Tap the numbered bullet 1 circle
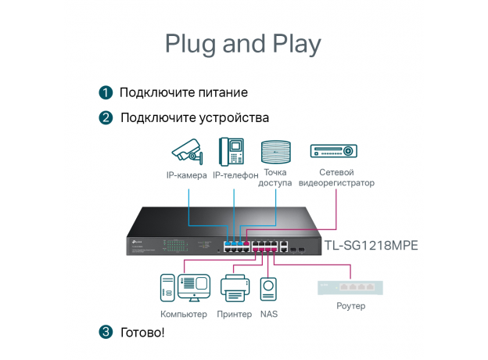106,92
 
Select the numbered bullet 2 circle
106,117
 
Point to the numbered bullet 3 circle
106,332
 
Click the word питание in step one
221,92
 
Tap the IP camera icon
187,150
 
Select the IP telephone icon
231,150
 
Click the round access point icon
276,150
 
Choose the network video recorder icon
334,150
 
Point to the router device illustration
350,288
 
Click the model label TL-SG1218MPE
371,245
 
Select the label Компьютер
184,315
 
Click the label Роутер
350,306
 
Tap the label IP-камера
187,175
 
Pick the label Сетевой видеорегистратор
336,178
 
